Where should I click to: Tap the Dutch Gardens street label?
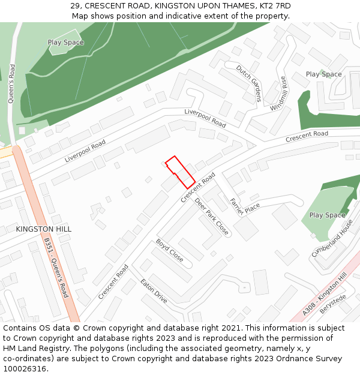click(248, 82)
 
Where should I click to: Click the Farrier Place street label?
click(245, 203)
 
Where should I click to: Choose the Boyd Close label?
click(170, 250)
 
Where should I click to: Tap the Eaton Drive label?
click(154, 290)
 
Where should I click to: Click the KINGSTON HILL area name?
click(44, 229)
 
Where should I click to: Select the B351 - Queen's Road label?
click(56, 268)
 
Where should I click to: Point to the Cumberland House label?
click(332, 238)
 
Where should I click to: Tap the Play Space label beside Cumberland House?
click(327, 215)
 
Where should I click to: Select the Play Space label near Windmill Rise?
click(323, 74)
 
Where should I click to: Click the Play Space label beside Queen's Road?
click(66, 43)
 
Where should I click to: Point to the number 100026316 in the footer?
click(25, 368)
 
